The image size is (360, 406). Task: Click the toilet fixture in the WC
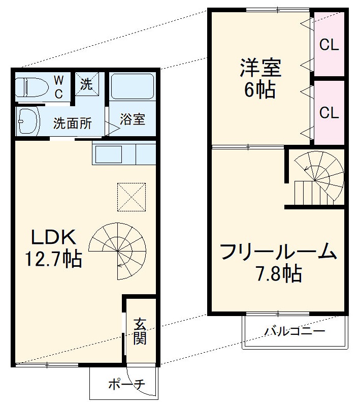29,87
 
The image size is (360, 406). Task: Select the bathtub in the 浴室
132,86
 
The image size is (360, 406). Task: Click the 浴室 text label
133,120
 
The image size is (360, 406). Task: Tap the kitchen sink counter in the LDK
123,154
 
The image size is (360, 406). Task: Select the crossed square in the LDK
132,197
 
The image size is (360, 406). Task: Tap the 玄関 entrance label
140,331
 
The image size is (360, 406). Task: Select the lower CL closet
329,112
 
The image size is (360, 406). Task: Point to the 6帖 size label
260,90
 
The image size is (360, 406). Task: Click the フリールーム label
279,252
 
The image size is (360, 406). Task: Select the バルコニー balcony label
294,332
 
